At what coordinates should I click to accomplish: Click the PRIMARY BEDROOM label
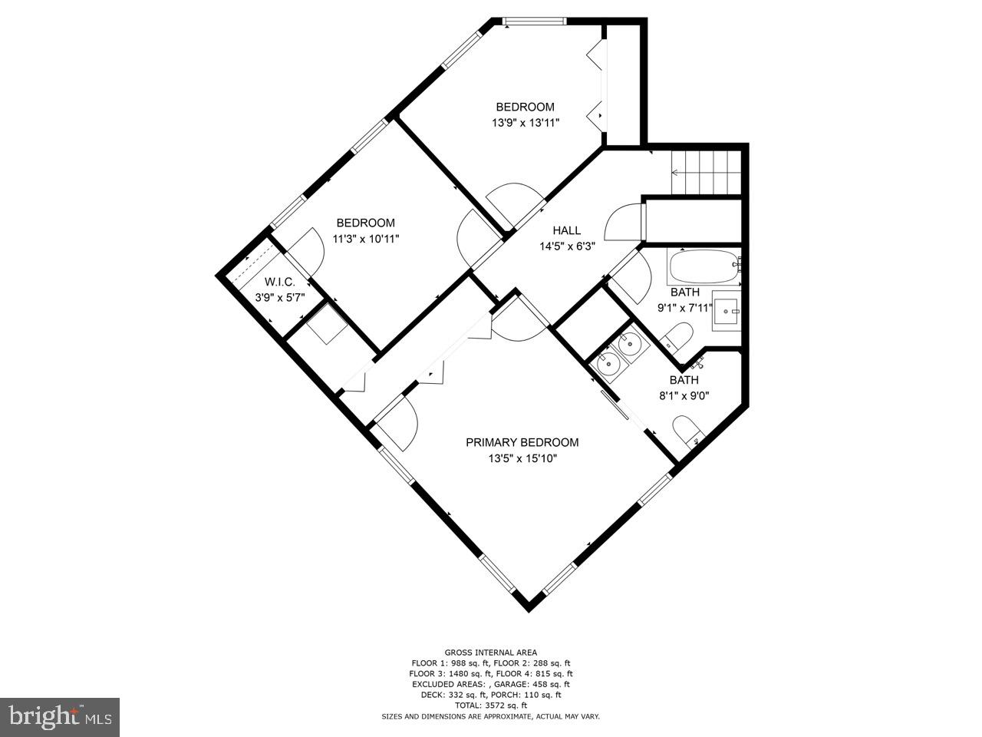522,442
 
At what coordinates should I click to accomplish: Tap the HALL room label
567,230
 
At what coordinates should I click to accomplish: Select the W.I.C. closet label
280,282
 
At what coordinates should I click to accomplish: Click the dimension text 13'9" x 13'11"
525,122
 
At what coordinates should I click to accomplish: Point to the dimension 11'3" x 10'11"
366,239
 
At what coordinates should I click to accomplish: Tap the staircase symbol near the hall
706,173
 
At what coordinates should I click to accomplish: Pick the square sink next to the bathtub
726,311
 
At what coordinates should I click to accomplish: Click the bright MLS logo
59,717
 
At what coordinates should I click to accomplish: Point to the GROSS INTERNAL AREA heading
491,652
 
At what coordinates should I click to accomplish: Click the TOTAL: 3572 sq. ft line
491,705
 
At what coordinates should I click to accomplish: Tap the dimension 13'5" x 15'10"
522,458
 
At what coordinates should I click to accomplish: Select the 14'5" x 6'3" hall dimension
567,246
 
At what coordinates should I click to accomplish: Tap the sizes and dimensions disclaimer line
491,716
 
